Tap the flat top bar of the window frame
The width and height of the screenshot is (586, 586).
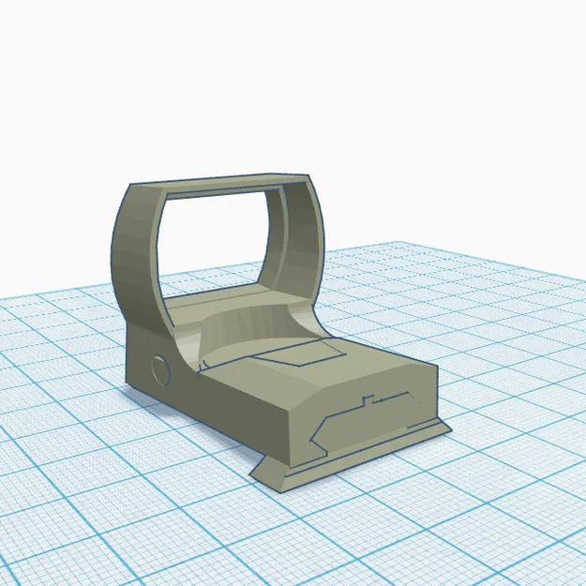220,183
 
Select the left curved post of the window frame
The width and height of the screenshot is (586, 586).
136,253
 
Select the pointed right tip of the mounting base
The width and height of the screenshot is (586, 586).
447,428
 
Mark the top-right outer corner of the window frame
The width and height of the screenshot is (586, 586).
308,177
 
